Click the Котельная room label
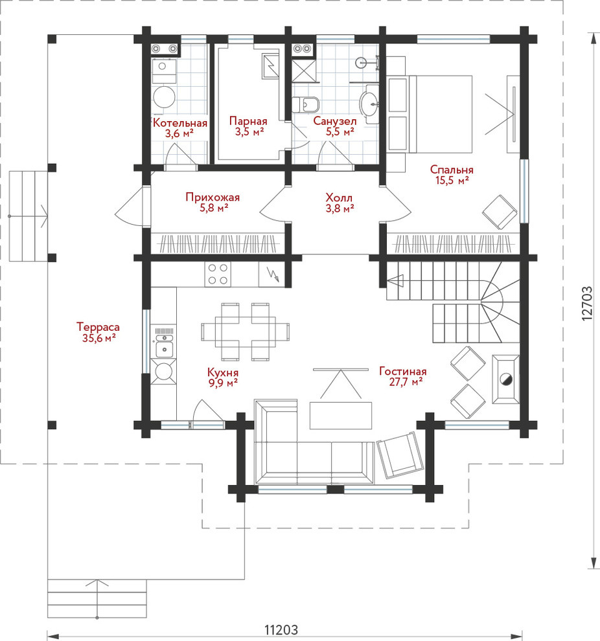pyautogui.click(x=180, y=123)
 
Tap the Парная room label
pyautogui.click(x=248, y=121)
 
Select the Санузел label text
pyautogui.click(x=335, y=121)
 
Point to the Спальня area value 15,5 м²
pyautogui.click(x=452, y=180)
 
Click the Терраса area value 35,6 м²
pyautogui.click(x=98, y=338)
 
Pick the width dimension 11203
pyautogui.click(x=281, y=629)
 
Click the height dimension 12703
pyautogui.click(x=587, y=302)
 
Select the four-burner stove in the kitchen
pyautogui.click(x=218, y=274)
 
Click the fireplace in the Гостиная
pyautogui.click(x=505, y=379)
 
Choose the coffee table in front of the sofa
pyautogui.click(x=341, y=415)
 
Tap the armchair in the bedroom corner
pyautogui.click(x=500, y=212)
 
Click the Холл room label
pyautogui.click(x=339, y=197)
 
